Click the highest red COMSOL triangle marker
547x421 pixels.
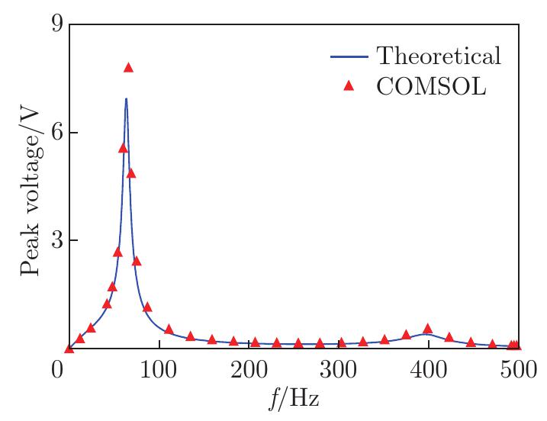[128, 68]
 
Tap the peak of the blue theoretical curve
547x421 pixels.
[126, 99]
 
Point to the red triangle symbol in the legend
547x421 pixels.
[349, 86]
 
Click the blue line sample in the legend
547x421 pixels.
[349, 56]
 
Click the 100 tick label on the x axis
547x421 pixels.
[159, 371]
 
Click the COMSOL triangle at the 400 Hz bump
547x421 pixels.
[427, 329]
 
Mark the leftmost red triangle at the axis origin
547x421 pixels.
[69, 349]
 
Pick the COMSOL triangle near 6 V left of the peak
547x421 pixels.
[123, 148]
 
